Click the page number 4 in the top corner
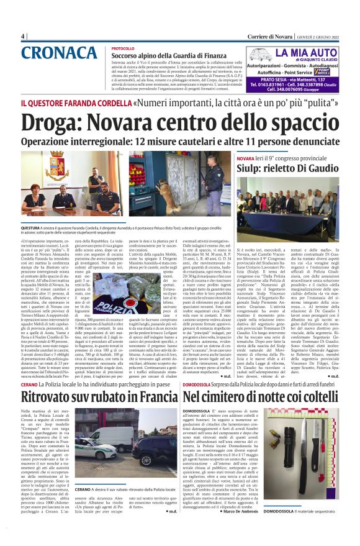click(x=22, y=36)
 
